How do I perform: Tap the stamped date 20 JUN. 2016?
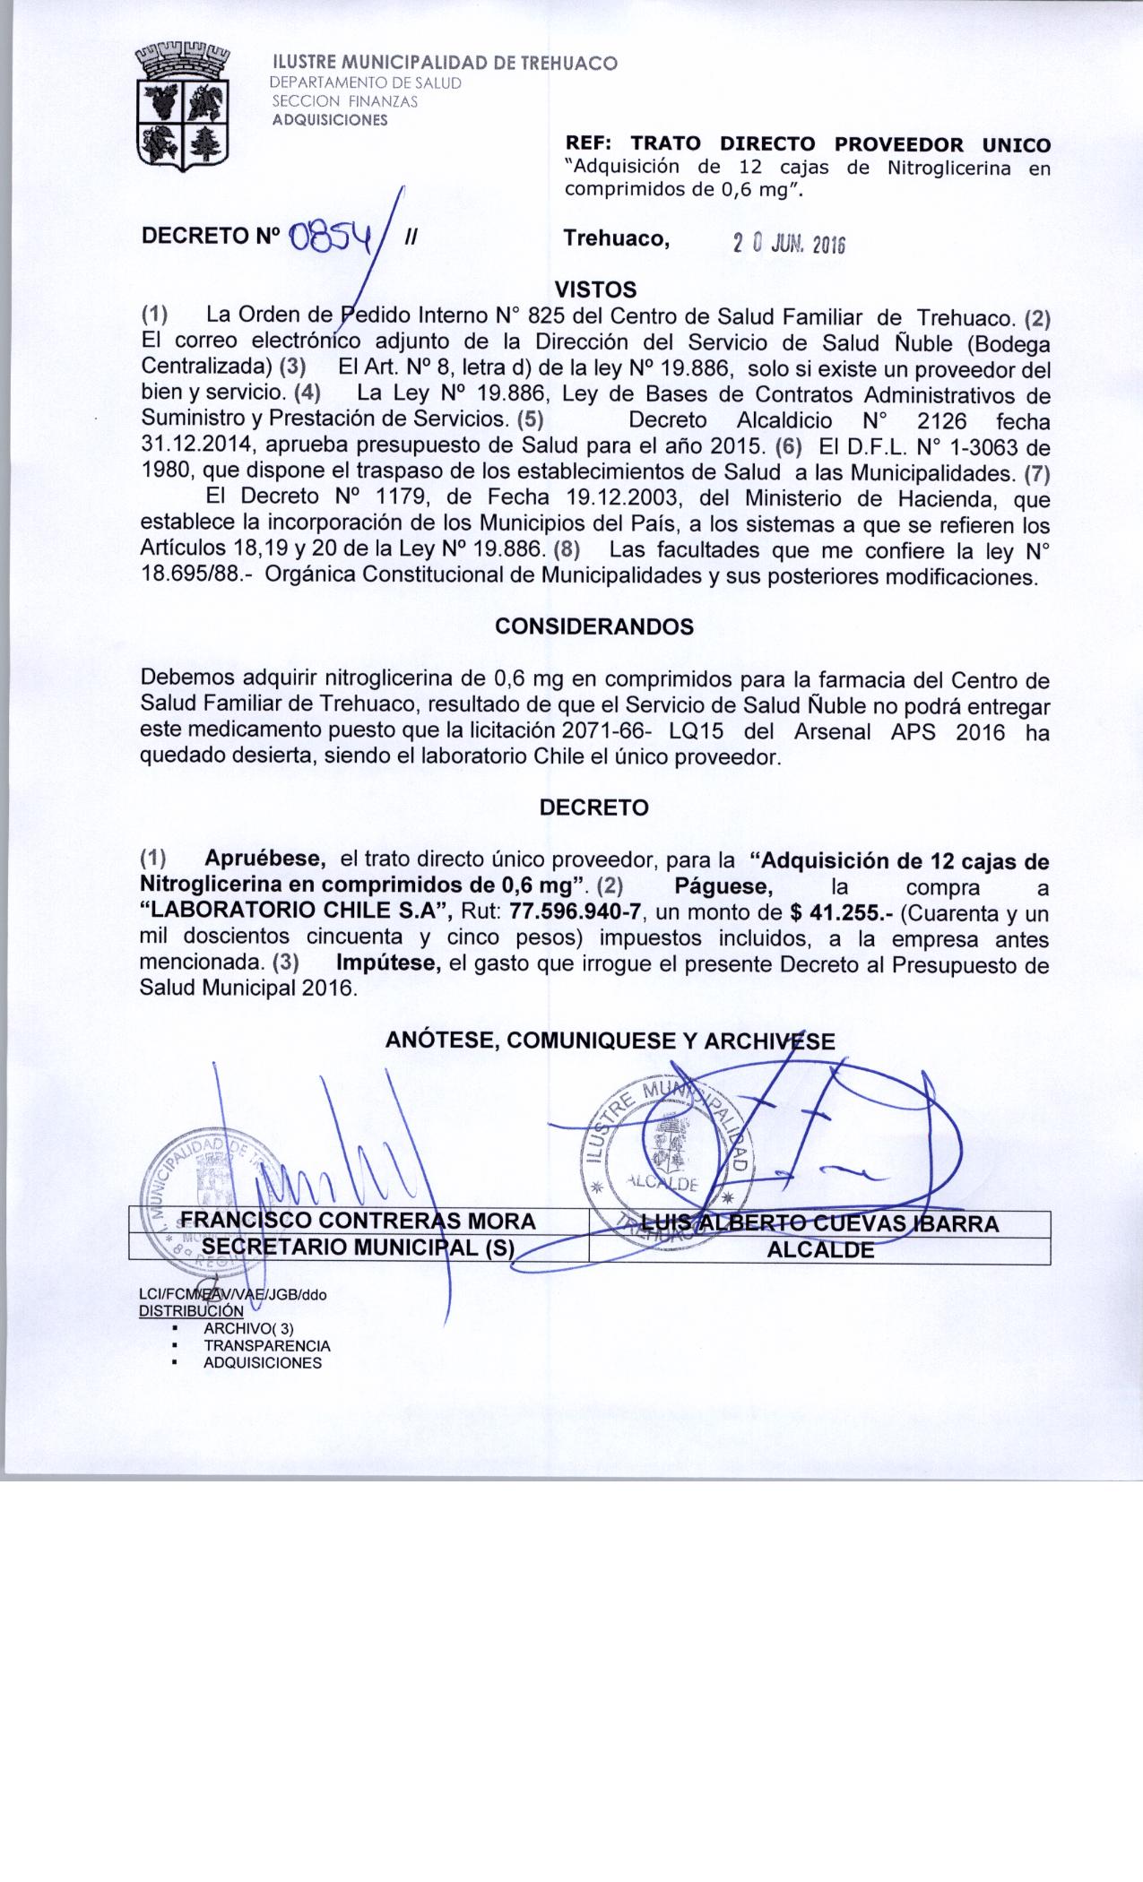pos(789,244)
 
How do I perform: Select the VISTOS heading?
pos(596,289)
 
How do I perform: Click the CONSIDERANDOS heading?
pos(594,626)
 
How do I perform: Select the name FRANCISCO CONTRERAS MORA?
pos(359,1221)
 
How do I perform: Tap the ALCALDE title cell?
pos(820,1250)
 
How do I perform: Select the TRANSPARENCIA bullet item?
pos(266,1345)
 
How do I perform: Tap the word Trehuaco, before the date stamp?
pos(617,238)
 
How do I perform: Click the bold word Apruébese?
pos(265,859)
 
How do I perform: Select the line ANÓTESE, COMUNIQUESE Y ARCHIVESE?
pos(610,1040)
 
